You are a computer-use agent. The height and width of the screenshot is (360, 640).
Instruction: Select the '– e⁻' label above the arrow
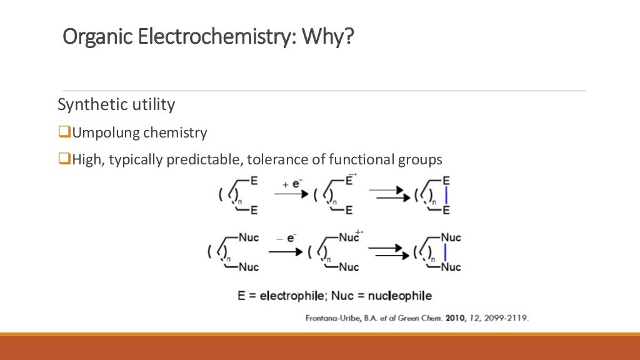tap(286, 237)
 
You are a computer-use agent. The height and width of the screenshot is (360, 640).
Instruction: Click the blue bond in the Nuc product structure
tap(444, 252)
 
